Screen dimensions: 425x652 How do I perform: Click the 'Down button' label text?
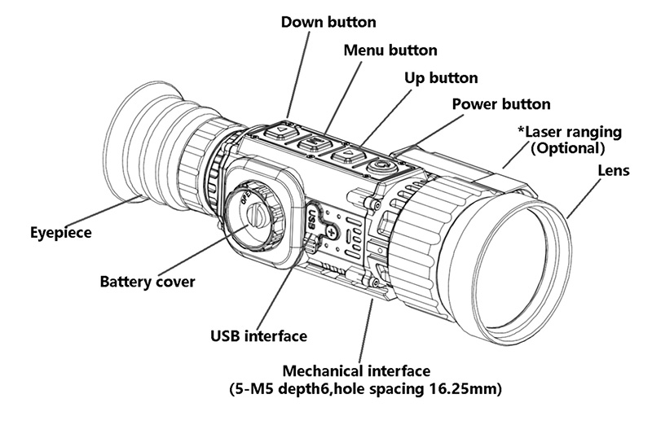coord(329,20)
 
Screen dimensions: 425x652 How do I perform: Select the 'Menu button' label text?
coord(390,50)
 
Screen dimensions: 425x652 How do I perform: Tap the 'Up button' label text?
coord(441,77)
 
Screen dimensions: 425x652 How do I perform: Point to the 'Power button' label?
coord(500,104)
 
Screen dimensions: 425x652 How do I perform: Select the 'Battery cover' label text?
coord(148,283)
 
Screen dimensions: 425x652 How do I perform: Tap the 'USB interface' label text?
coord(258,335)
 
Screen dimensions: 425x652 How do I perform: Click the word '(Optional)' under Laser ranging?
coord(567,148)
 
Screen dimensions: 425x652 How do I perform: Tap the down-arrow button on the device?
coord(282,130)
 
